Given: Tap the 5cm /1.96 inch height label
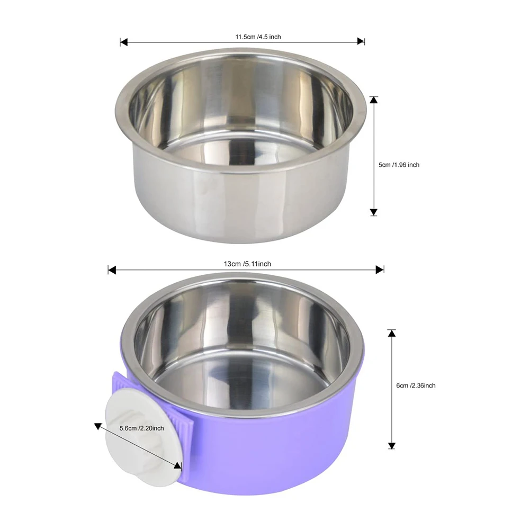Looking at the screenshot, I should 399,165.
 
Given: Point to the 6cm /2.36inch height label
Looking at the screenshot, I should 416,385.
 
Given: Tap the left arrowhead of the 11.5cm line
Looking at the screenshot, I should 124,41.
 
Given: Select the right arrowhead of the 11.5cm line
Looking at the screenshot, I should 361,41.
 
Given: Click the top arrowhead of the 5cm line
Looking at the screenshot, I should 374,100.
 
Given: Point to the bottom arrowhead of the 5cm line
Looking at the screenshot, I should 374,212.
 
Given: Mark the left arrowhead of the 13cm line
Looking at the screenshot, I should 112,270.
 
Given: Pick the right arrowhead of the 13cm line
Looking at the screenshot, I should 380,270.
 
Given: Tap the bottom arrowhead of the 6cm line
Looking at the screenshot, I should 392,445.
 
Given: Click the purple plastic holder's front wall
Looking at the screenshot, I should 275,455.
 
